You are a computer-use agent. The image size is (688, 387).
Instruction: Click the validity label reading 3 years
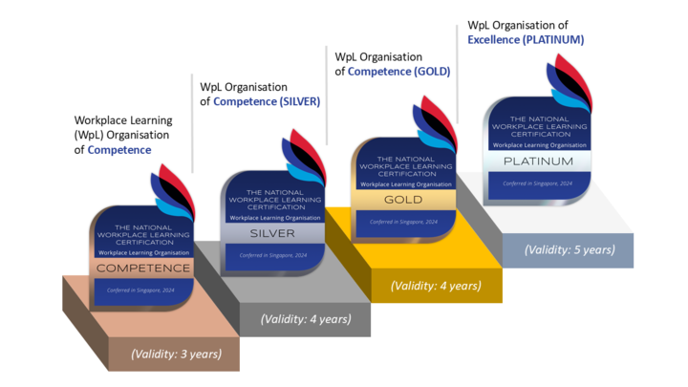[x=177, y=354]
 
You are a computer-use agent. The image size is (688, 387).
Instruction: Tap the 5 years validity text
[x=570, y=250]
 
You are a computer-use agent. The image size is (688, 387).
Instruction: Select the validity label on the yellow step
[x=436, y=286]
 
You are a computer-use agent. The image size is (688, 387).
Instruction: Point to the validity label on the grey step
[x=306, y=319]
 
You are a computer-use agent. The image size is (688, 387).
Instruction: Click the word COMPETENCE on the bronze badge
[x=144, y=269]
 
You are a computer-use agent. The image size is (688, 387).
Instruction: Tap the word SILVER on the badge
[x=272, y=234]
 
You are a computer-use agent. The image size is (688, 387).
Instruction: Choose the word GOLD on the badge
[x=402, y=200]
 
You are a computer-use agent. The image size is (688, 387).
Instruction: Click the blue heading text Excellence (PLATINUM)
[x=526, y=40]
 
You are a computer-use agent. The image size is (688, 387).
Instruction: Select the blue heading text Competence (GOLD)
[x=398, y=71]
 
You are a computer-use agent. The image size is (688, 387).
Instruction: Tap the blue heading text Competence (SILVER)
[x=267, y=101]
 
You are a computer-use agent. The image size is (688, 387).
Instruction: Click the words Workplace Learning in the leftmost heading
[x=123, y=120]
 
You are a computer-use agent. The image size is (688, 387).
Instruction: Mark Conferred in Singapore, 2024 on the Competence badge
[x=140, y=290]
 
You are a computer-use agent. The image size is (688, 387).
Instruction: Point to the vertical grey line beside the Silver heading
[x=193, y=124]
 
